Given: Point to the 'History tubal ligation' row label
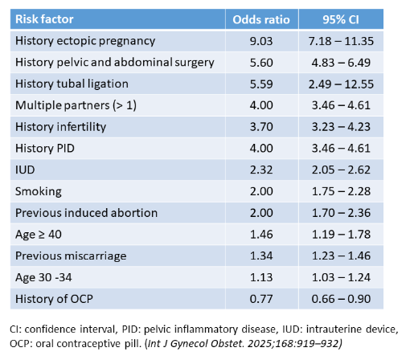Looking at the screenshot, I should tap(71, 84).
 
